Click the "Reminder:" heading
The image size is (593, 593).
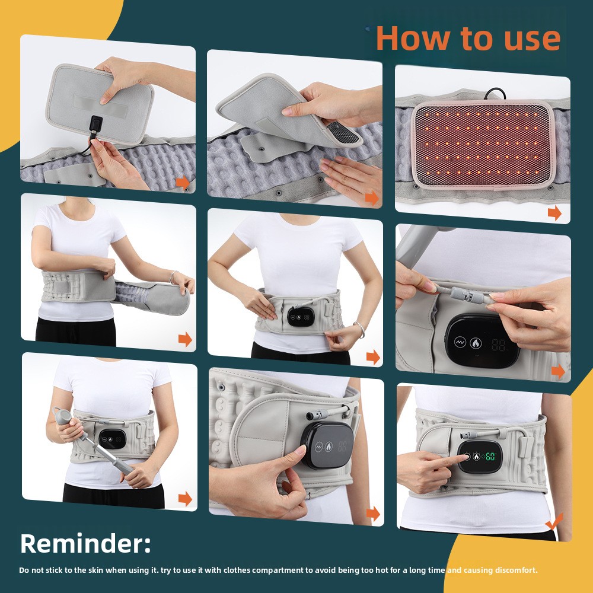pyautogui.click(x=85, y=543)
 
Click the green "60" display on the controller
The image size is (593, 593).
pyautogui.click(x=490, y=456)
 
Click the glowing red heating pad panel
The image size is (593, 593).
pyautogui.click(x=482, y=145)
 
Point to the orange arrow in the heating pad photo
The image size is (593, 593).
pyautogui.click(x=554, y=213)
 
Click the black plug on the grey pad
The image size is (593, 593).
pyautogui.click(x=95, y=125)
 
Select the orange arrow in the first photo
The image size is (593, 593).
pyautogui.click(x=183, y=183)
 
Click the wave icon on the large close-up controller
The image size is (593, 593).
pyautogui.click(x=460, y=342)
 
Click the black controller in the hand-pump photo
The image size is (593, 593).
pyautogui.click(x=112, y=438)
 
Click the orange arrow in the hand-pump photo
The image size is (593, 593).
pyautogui.click(x=185, y=499)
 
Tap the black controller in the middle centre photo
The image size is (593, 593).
pyautogui.click(x=299, y=316)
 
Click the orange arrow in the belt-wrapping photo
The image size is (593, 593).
pyautogui.click(x=185, y=339)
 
